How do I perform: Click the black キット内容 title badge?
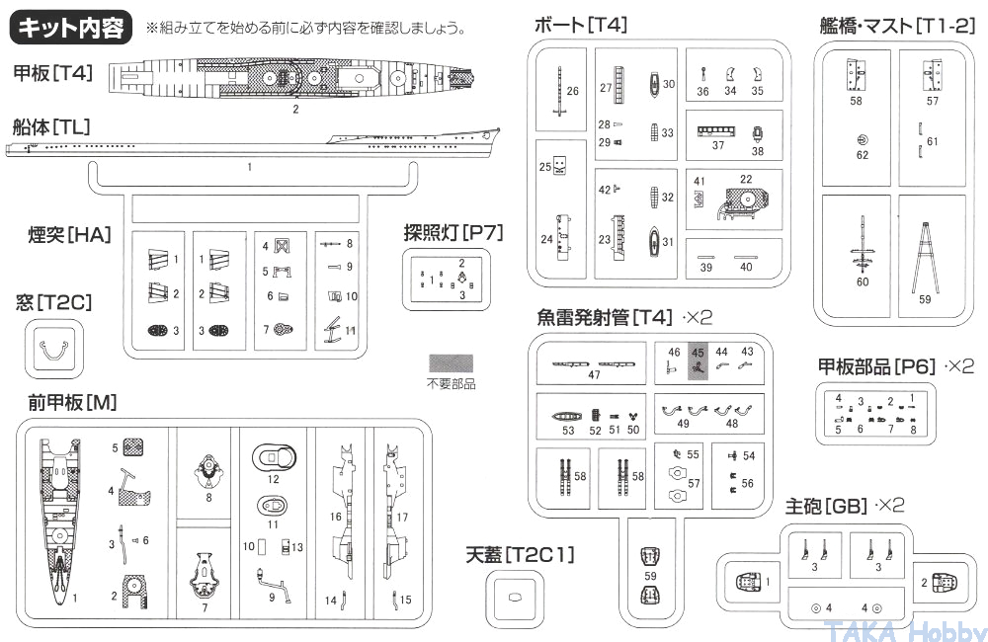[71, 28]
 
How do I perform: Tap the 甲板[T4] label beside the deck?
[52, 72]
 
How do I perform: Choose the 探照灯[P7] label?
[453, 233]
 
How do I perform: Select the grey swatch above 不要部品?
[450, 363]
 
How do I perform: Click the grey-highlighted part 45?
[698, 365]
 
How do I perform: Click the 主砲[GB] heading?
[828, 506]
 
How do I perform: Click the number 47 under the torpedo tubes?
[594, 375]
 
